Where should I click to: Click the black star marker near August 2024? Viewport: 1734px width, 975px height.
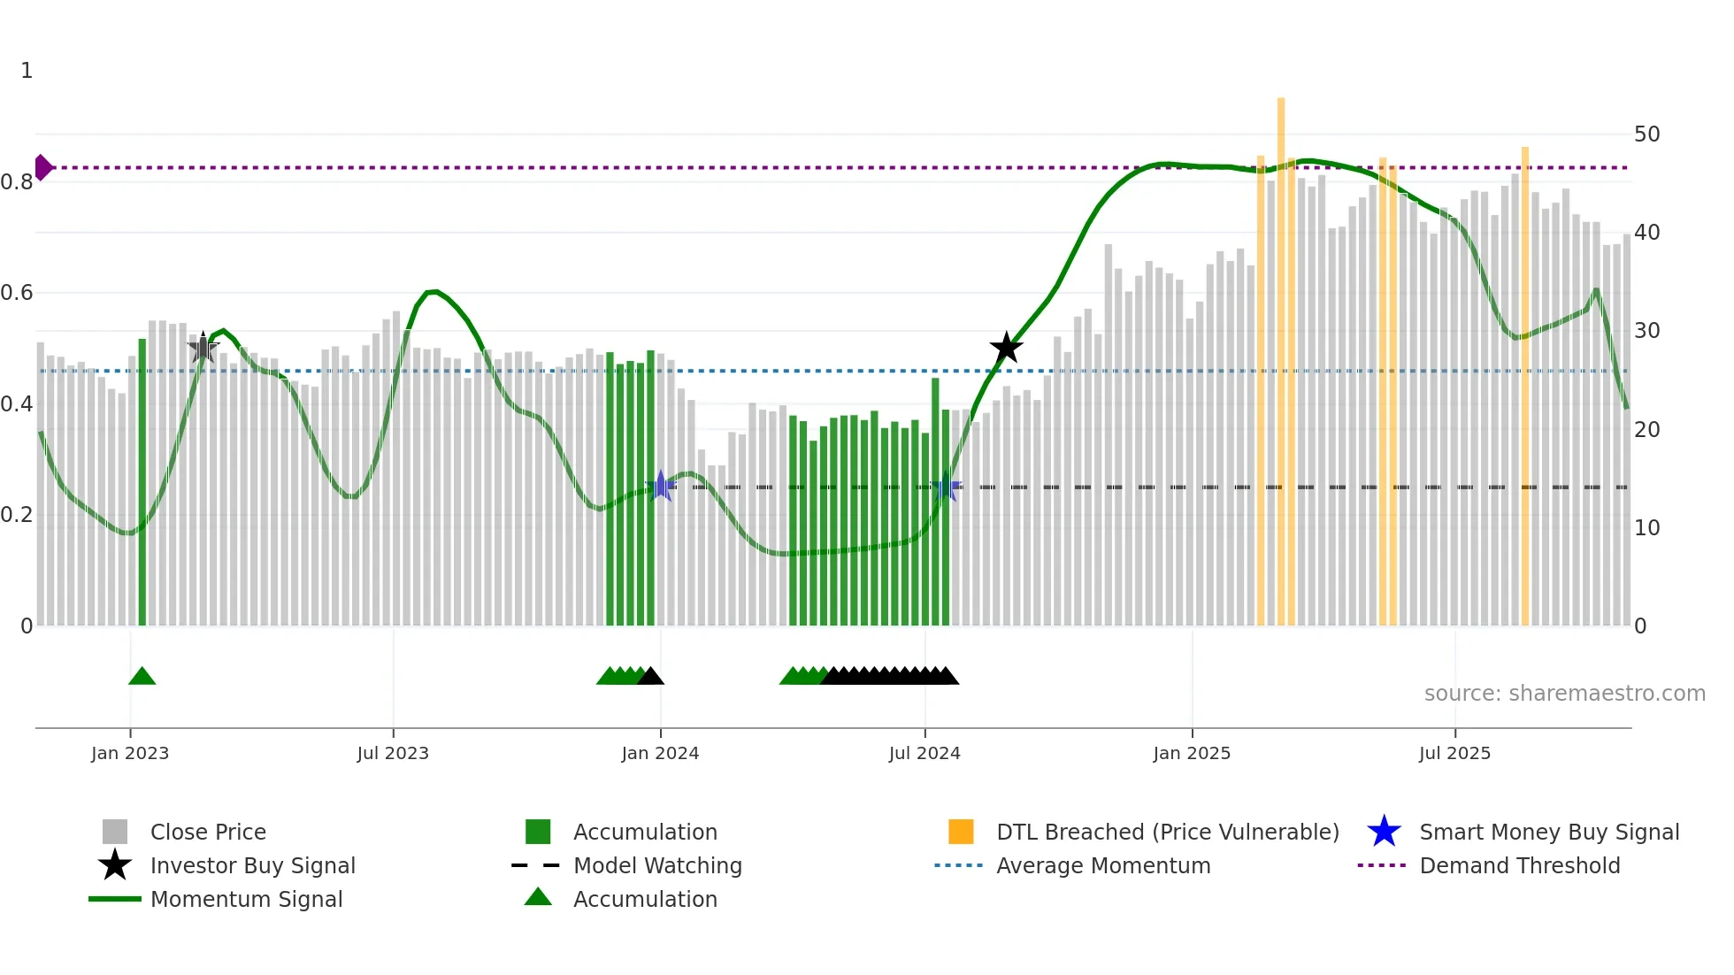[1006, 349]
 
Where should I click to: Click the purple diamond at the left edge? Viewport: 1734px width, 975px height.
[42, 167]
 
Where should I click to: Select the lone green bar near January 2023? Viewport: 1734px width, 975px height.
[142, 482]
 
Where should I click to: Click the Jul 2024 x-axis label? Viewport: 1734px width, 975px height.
[925, 753]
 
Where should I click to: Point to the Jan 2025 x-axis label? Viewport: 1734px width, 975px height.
[1192, 753]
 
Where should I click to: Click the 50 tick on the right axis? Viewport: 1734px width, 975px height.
[1646, 134]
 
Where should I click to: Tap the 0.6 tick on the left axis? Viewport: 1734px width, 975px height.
[18, 293]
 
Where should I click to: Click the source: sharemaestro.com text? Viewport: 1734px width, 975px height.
[1564, 694]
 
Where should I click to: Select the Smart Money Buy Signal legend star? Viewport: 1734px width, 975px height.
[1384, 832]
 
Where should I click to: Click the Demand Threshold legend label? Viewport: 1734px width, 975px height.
[1519, 865]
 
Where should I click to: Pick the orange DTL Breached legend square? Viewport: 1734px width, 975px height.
[961, 832]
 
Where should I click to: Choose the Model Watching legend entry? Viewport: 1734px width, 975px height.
[656, 865]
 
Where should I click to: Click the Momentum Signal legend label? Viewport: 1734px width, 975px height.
[246, 899]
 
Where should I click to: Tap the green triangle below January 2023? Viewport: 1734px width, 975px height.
[142, 677]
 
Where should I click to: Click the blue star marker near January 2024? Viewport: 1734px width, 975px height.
[661, 486]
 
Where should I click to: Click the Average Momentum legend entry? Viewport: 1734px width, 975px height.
[1102, 865]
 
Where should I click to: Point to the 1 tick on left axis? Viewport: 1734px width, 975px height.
[27, 71]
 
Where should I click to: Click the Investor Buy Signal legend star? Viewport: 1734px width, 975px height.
[115, 865]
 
